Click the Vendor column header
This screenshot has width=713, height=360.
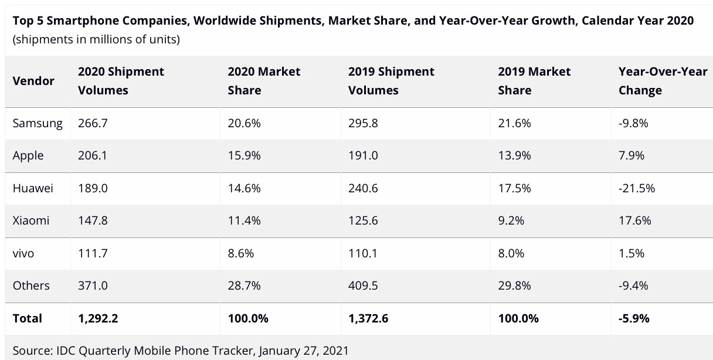pos(33,81)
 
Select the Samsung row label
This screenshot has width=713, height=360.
pos(38,123)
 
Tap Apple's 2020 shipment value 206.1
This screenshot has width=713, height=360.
pos(93,155)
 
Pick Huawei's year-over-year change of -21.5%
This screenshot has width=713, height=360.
pos(636,188)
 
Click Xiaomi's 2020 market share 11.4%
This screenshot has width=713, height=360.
pos(244,220)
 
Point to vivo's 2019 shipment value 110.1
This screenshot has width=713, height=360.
pos(363,253)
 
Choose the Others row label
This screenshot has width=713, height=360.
pos(31,286)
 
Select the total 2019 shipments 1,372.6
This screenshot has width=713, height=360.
pos(368,318)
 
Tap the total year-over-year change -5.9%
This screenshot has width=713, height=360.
pos(634,318)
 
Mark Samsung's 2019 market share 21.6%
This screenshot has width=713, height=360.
pos(514,123)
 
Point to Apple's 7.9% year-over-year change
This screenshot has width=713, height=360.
pos(631,155)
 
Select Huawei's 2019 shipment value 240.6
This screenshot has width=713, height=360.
pos(364,188)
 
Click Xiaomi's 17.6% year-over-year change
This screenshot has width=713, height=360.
pos(634,220)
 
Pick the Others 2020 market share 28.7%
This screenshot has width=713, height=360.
pos(245,286)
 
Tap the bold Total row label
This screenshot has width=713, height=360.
pos(28,318)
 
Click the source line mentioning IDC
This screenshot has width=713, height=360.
pos(181,351)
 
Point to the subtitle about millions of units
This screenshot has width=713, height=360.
pos(96,40)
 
